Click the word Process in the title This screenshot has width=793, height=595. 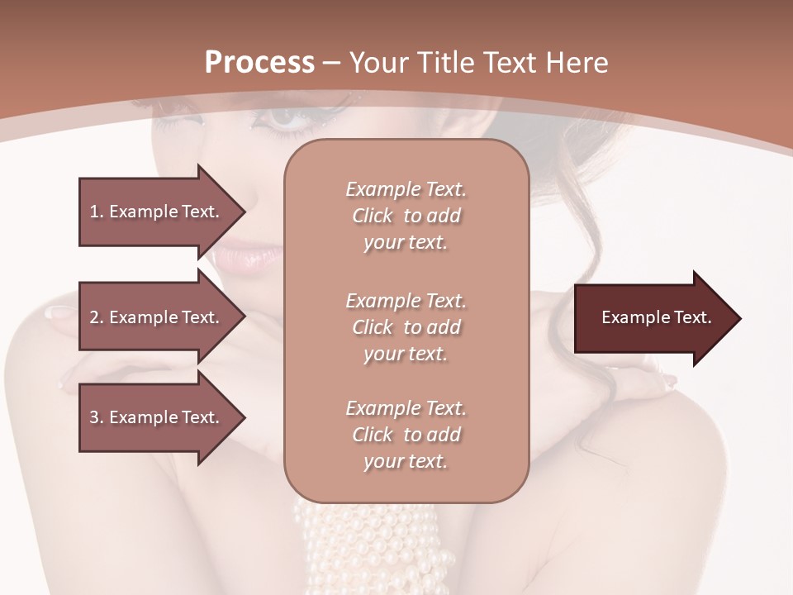click(259, 63)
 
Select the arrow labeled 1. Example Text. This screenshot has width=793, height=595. click(157, 212)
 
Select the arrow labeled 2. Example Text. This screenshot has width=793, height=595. click(157, 317)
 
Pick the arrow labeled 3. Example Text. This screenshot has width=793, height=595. click(157, 417)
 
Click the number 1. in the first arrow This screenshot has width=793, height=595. click(97, 212)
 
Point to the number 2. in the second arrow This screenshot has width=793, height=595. click(97, 317)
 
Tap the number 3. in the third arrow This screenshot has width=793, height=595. click(97, 417)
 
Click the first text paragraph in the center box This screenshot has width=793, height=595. click(406, 216)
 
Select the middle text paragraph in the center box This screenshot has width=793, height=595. click(406, 327)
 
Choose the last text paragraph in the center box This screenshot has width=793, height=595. click(406, 435)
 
